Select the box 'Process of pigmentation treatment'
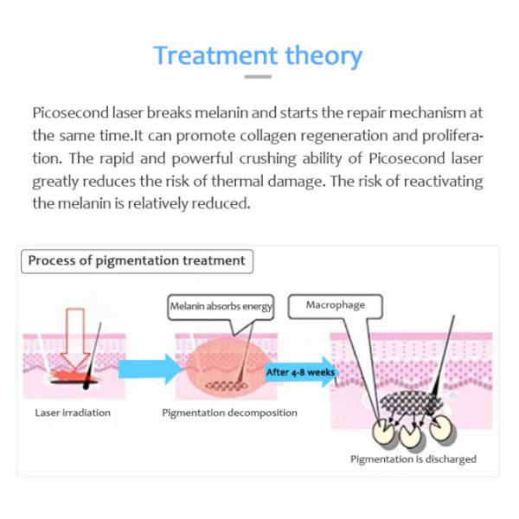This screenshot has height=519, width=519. click(136, 260)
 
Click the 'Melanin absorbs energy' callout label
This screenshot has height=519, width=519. click(221, 306)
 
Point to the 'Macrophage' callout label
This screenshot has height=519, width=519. click(336, 305)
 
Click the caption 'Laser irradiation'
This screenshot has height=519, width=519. click(73, 413)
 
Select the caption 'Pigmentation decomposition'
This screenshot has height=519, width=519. click(229, 413)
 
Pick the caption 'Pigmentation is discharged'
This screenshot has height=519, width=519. click(413, 459)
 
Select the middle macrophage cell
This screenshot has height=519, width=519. click(412, 433)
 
